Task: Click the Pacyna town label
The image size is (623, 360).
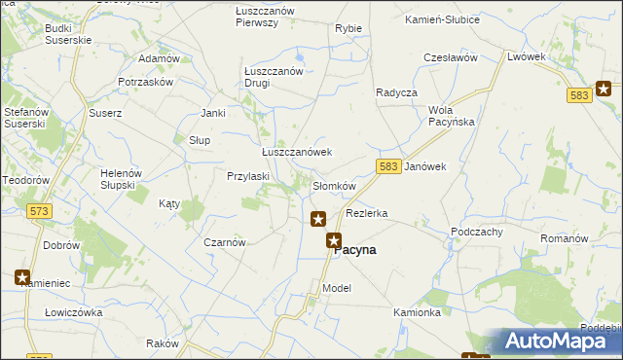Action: point(356,249)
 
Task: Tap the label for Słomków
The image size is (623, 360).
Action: point(334,186)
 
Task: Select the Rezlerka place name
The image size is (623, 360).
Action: point(367,213)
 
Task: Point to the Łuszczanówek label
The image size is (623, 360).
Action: point(297,153)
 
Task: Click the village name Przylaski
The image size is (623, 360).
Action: point(247,177)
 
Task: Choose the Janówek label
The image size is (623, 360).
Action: point(424,166)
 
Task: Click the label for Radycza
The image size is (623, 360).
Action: point(396,92)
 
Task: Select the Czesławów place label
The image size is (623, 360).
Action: point(450,58)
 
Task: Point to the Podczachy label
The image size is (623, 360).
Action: point(476,232)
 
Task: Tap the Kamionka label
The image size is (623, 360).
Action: point(418,313)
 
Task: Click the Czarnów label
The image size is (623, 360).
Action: point(224,242)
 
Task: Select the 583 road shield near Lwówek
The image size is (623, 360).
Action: point(578,94)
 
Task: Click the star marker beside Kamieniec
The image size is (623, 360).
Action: point(22,277)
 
